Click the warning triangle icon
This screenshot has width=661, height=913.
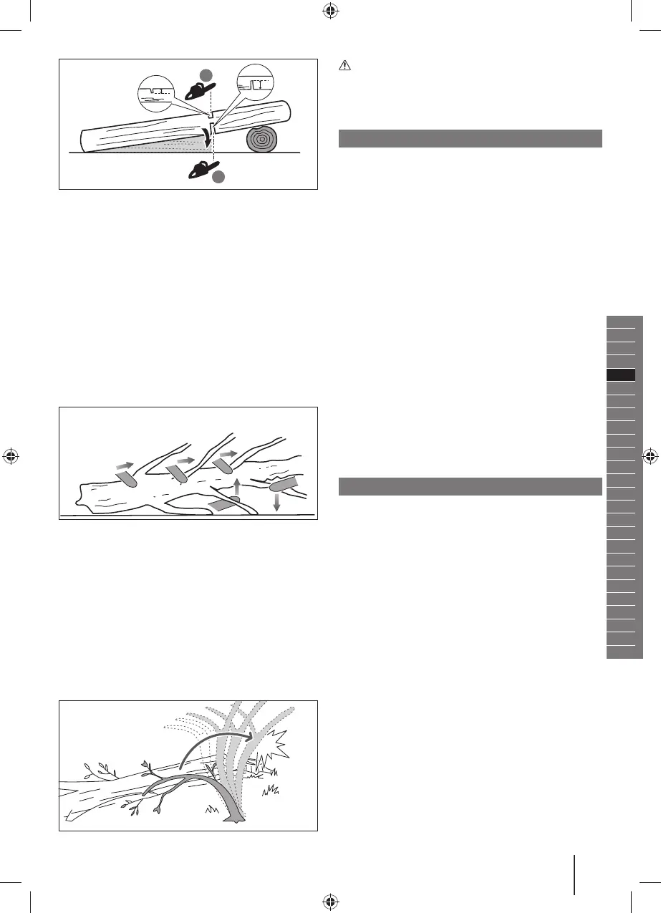coord(344,64)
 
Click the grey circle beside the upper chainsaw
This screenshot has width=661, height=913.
coord(206,74)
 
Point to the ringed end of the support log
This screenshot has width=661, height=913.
coord(263,140)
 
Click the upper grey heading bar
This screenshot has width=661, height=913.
coord(470,138)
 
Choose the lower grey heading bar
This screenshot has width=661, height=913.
coord(470,486)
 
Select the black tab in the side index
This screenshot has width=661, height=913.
coord(621,375)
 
